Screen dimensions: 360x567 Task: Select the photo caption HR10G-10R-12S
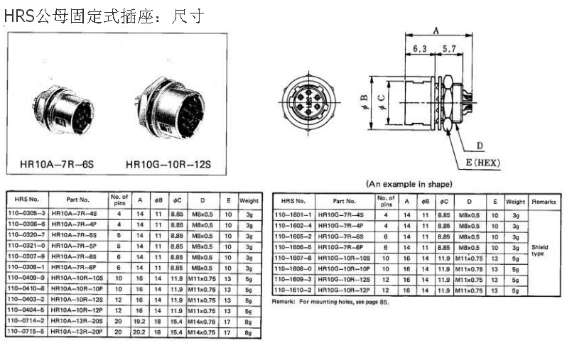tap(169, 165)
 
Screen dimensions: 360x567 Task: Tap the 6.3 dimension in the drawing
tap(419, 49)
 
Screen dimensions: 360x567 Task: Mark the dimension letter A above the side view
tap(436, 29)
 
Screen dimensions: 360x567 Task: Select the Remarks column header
tap(544, 202)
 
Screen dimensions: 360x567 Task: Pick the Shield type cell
tap(540, 250)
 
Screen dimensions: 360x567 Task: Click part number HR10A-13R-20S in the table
tap(77, 320)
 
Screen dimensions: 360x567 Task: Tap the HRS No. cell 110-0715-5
tap(26, 331)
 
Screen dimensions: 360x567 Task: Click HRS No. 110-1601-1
tap(293, 214)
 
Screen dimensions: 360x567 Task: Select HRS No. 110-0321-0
tap(26, 245)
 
